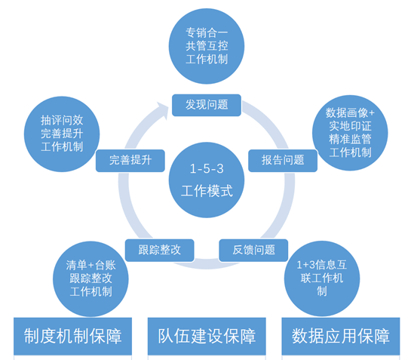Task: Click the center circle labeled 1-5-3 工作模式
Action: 207,180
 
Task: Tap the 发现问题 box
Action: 207,105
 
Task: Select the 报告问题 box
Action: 283,161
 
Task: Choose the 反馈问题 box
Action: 253,251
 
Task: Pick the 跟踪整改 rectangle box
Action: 159,251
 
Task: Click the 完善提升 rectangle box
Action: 130,161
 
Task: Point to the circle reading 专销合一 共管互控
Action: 207,46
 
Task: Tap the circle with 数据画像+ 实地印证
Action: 350,133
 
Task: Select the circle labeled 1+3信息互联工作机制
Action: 322,278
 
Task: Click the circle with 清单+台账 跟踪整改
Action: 90,278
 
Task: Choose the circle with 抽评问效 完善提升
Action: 62,134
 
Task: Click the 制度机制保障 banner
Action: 72,336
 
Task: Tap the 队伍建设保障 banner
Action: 207,336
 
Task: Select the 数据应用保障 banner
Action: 341,336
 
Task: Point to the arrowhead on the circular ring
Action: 162,110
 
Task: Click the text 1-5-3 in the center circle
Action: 207,169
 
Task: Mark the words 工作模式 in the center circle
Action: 207,191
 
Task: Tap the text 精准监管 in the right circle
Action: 350,140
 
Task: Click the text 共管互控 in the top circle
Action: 207,46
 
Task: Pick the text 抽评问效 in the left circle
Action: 62,121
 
